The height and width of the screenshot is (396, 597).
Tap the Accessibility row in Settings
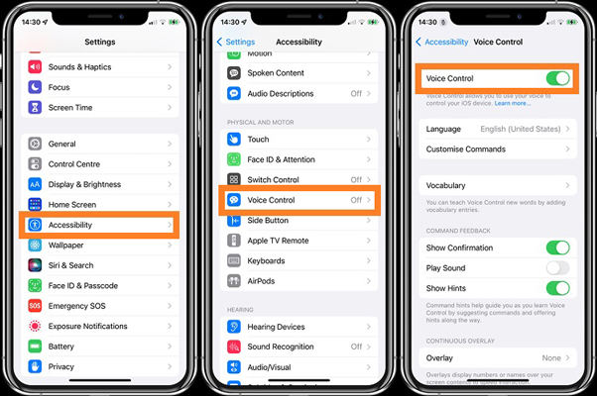99,225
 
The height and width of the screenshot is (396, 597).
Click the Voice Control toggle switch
557,78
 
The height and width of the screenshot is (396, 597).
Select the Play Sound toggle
557,267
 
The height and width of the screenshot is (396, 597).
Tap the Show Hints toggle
557,288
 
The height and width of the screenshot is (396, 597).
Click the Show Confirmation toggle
557,247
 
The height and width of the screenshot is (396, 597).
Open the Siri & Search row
99,265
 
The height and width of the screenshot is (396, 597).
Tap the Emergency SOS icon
36,306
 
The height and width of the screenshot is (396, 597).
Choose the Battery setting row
99,346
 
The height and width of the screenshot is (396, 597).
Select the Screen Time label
70,108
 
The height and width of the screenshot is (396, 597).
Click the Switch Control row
298,180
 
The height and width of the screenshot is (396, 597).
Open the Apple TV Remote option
298,241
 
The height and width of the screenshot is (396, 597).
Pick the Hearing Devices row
298,327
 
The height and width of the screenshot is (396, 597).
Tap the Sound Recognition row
298,347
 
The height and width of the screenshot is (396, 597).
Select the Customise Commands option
496,149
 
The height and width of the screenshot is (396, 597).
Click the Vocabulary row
496,185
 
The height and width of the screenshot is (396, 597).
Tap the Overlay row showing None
496,357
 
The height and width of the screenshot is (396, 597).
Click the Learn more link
512,103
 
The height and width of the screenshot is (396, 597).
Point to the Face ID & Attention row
298,159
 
